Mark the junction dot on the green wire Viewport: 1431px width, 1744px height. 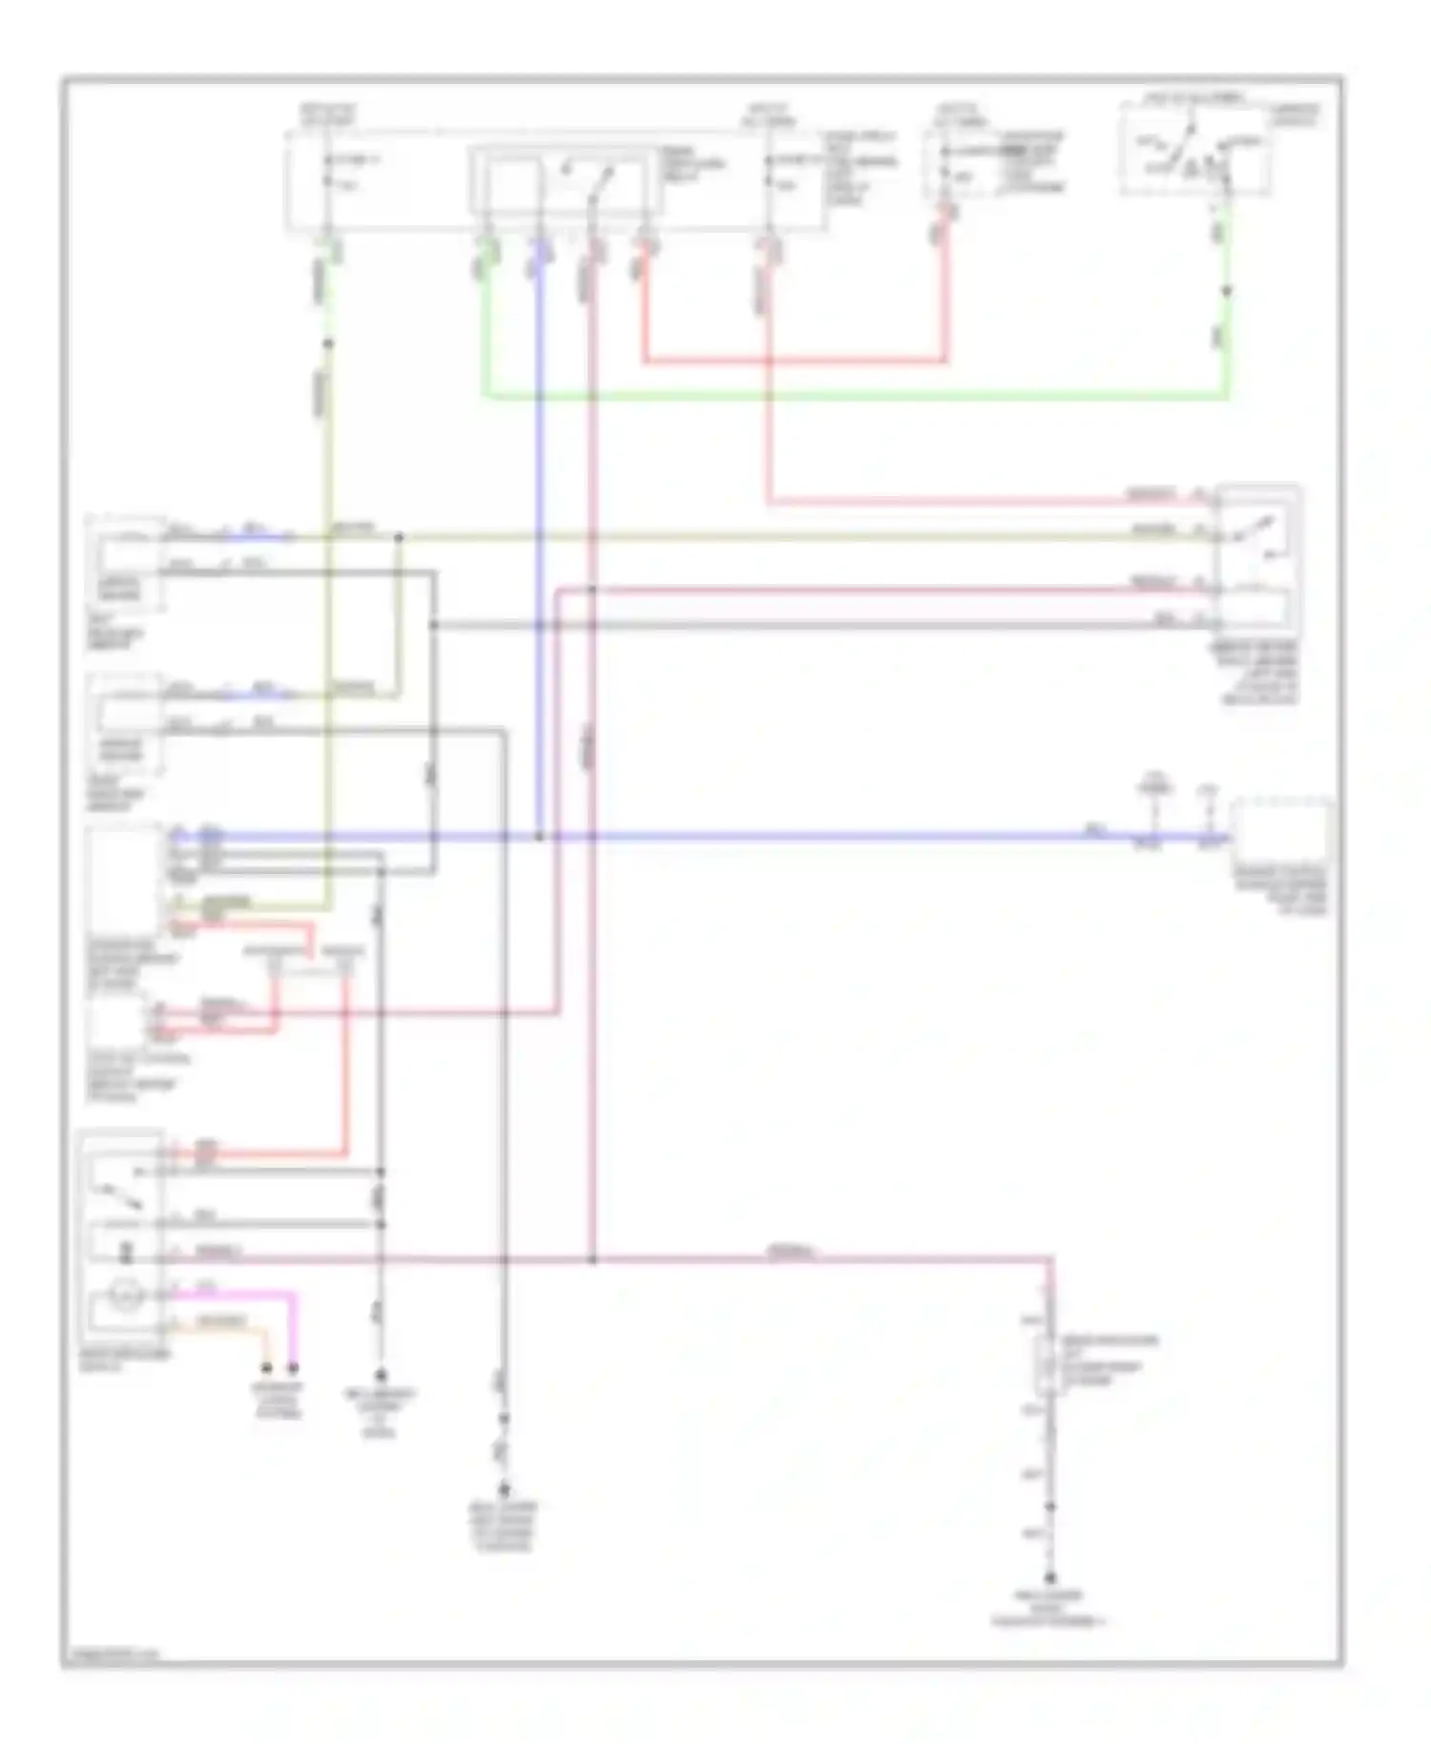click(1227, 291)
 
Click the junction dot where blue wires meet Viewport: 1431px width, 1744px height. click(539, 838)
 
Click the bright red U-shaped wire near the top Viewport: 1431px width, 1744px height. click(792, 362)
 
